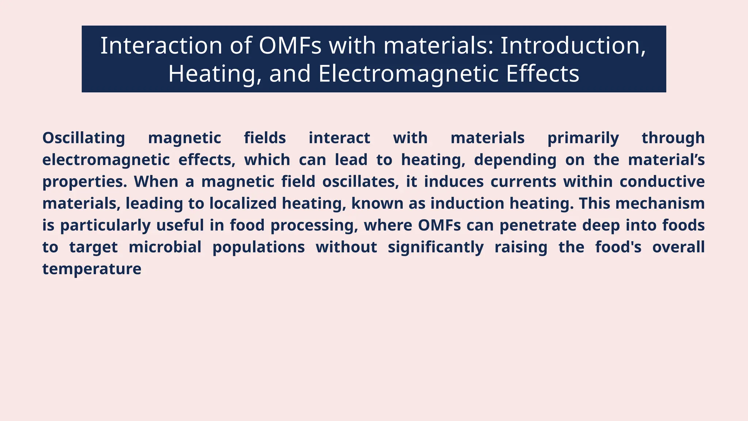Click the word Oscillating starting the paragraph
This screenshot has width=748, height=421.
click(84, 138)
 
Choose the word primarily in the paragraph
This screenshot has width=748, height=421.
click(583, 138)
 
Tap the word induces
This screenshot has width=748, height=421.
click(454, 182)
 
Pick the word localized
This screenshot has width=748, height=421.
click(243, 204)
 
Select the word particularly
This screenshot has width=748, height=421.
click(105, 225)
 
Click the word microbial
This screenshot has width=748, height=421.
click(165, 247)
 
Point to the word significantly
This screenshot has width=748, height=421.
click(435, 247)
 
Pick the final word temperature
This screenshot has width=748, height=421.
click(92, 269)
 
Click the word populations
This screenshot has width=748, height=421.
click(259, 247)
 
